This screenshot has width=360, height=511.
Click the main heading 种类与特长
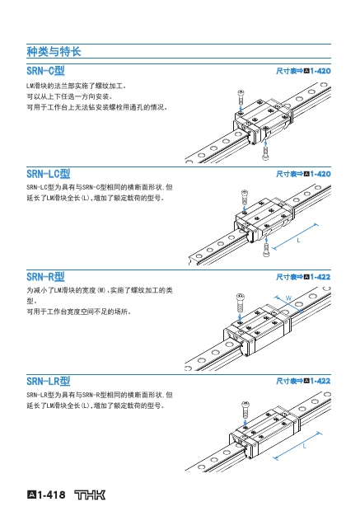click(x=54, y=51)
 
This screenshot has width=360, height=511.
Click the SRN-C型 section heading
click(x=45, y=71)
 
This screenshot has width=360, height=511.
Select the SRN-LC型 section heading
click(x=49, y=174)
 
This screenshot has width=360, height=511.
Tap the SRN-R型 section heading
click(x=45, y=277)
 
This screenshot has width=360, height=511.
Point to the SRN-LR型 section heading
click(x=49, y=381)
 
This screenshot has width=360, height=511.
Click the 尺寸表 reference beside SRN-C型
click(x=303, y=71)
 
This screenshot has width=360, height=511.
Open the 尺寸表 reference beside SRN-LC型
click(x=303, y=174)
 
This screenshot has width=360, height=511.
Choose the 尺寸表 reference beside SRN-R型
click(x=303, y=277)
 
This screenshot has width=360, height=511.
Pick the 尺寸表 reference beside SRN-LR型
click(x=303, y=381)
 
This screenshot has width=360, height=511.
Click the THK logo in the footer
click(x=90, y=495)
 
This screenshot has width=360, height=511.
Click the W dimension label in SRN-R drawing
click(x=288, y=298)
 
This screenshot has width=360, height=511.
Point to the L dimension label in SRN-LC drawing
click(x=298, y=241)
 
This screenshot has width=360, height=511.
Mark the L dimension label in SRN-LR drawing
click(x=305, y=446)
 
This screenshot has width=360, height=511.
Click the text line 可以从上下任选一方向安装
click(x=69, y=96)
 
